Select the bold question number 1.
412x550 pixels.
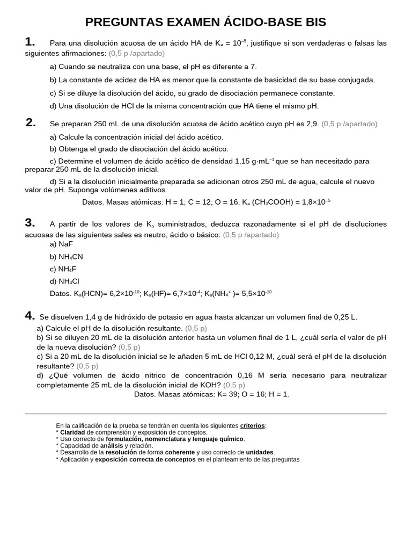pos(30,42)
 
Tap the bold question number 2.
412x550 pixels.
pos(31,122)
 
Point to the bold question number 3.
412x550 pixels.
pos(30,223)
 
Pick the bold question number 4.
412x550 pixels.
pos(30,316)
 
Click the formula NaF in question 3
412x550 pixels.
pos(65,244)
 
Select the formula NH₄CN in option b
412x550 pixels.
pos(71,257)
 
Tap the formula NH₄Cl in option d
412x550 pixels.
pos(69,281)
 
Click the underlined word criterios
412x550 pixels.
pos(252,425)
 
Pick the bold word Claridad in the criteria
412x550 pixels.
pos(72,432)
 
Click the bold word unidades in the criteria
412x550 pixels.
pos(256,452)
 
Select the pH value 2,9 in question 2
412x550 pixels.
pos(312,124)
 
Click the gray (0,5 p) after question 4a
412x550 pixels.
pos(196,328)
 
